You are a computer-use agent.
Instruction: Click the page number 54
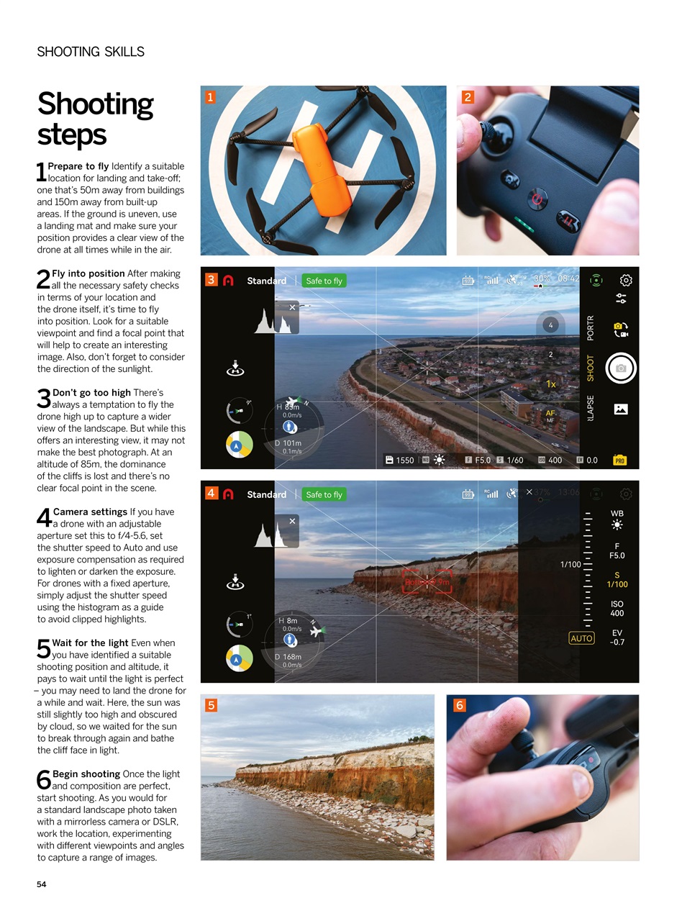(42, 884)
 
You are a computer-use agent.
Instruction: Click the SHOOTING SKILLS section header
(91, 52)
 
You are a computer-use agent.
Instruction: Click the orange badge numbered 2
(468, 97)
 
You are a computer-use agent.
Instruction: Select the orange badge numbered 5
(211, 705)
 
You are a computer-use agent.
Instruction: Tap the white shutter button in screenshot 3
(620, 368)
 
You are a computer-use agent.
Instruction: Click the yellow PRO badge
(619, 460)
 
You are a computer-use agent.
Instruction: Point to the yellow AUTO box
(581, 638)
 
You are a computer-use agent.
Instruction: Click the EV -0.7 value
(617, 638)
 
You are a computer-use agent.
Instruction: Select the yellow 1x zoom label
(550, 384)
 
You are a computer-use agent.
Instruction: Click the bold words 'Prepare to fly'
(78, 166)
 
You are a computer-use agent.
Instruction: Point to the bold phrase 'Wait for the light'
(90, 643)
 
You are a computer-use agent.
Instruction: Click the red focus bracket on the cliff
(427, 582)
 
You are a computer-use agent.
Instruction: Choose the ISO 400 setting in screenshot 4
(617, 609)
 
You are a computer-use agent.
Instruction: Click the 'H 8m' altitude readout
(288, 620)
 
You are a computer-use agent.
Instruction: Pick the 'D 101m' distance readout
(288, 443)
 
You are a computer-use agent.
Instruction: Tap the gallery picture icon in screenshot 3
(620, 409)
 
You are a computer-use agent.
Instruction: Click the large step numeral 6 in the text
(44, 780)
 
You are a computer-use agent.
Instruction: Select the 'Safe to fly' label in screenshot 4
(324, 494)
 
